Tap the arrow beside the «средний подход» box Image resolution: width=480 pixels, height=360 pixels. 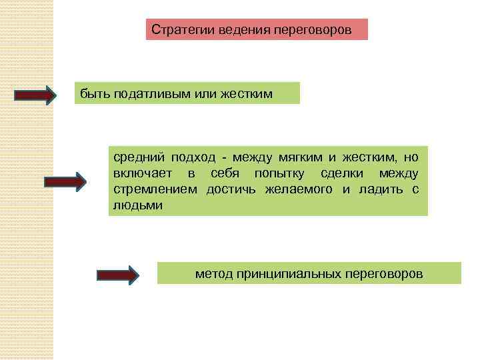pyautogui.click(x=65, y=181)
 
